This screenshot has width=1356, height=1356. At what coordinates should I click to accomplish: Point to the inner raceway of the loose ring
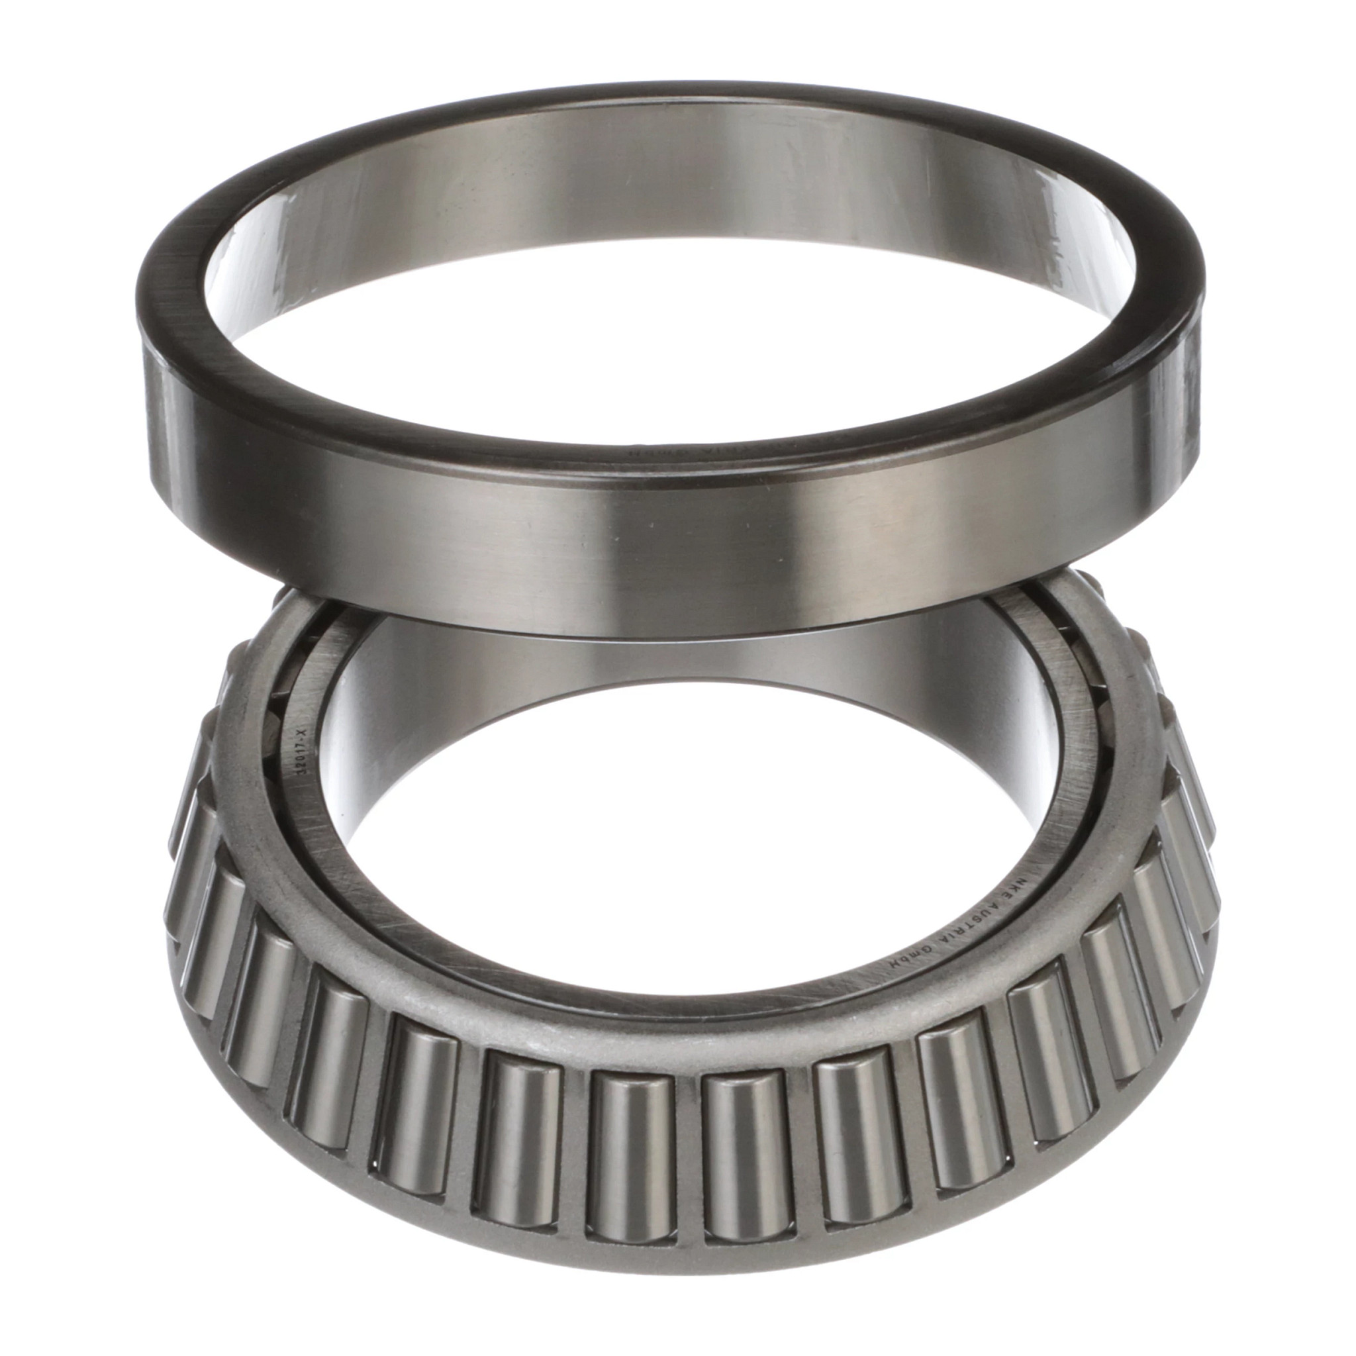[674, 162]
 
